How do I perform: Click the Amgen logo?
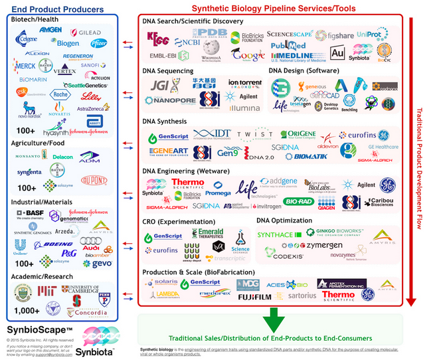50,31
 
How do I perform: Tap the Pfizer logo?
98,43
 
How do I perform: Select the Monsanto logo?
27,158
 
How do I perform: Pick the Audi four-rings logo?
89,241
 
